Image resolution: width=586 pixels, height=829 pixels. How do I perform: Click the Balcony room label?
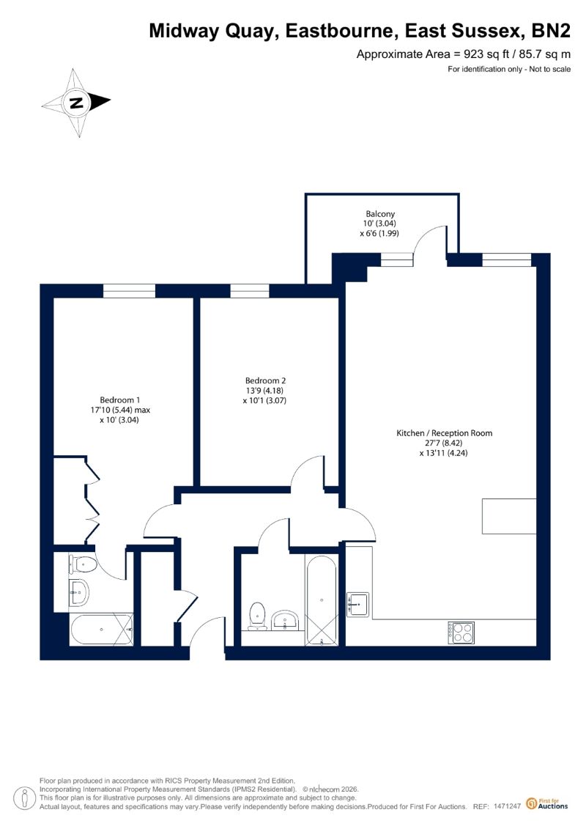pyautogui.click(x=380, y=213)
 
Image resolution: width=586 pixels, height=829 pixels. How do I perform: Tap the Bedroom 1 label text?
pyautogui.click(x=120, y=399)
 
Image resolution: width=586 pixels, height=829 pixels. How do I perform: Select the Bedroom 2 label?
pyautogui.click(x=265, y=380)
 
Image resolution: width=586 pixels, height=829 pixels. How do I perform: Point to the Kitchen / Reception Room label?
pyautogui.click(x=445, y=432)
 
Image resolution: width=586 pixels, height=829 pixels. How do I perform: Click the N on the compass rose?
pyautogui.click(x=77, y=103)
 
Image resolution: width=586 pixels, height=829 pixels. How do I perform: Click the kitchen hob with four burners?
pyautogui.click(x=461, y=633)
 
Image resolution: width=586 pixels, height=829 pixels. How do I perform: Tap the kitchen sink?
pyautogui.click(x=357, y=604)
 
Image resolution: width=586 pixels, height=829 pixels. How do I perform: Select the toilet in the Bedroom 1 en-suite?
pyautogui.click(x=83, y=564)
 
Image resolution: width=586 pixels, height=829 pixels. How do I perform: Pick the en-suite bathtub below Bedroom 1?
pyautogui.click(x=101, y=629)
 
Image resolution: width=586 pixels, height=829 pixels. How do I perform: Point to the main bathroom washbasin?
pyautogui.click(x=286, y=619)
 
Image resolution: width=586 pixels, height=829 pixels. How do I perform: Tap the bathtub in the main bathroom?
pyautogui.click(x=321, y=600)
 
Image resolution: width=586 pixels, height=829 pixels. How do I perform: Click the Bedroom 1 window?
pyautogui.click(x=130, y=291)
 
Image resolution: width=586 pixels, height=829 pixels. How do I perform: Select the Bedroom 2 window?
pyautogui.click(x=249, y=291)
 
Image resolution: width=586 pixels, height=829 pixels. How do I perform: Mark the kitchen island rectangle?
pyautogui.click(x=509, y=516)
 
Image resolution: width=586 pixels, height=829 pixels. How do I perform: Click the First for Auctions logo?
pyautogui.click(x=547, y=804)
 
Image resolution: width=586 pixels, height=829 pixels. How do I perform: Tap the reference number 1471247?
pyautogui.click(x=507, y=806)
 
